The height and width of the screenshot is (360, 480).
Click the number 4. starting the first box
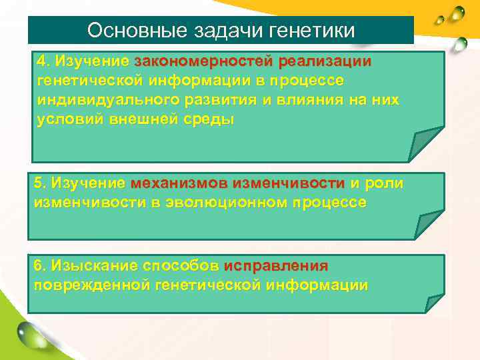click(x=43, y=61)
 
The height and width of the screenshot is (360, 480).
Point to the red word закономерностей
click(x=203, y=61)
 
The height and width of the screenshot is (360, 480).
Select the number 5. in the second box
click(x=40, y=183)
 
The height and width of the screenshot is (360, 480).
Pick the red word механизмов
click(x=171, y=183)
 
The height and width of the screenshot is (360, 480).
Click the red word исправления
click(x=276, y=265)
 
